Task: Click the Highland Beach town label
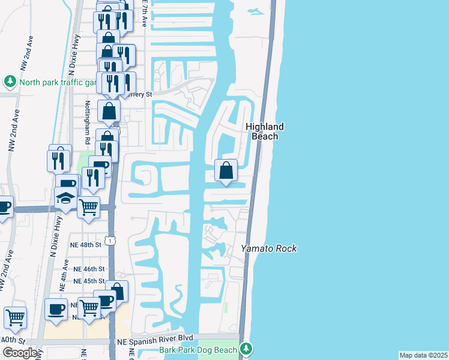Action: tap(264, 131)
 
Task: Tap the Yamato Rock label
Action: tap(269, 248)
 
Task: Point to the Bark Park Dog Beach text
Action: tap(199, 349)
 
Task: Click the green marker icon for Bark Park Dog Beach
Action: tap(246, 349)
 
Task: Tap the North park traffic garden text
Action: tap(58, 82)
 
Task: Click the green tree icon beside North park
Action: tap(10, 81)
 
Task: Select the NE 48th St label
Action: tap(87, 245)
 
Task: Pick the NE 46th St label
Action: tap(89, 269)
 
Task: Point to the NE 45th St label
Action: tap(89, 281)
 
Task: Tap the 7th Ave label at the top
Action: tap(145, 13)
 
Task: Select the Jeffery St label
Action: tap(139, 94)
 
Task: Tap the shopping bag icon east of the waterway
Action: tap(226, 171)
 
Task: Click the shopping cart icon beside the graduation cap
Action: tap(88, 208)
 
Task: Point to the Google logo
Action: tap(20, 353)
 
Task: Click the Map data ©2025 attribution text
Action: tap(424, 355)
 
